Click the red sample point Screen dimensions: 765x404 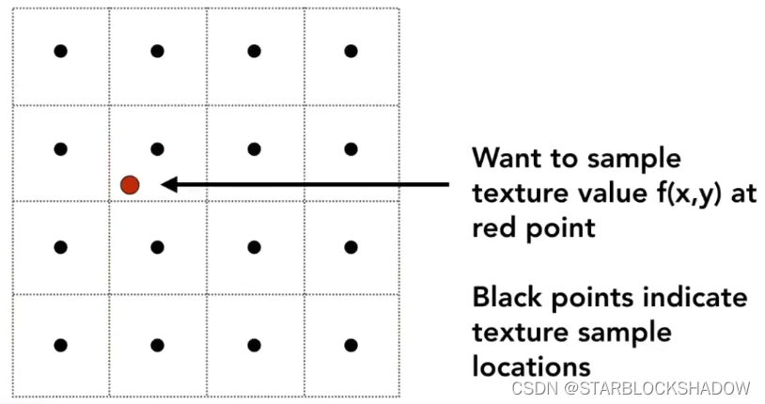click(130, 185)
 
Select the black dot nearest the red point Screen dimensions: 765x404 click(157, 148)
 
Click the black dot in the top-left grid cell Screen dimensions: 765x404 click(60, 51)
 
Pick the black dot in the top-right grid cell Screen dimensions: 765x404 click(351, 51)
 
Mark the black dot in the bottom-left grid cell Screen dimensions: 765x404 click(60, 345)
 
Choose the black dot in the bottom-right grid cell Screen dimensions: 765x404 click(351, 345)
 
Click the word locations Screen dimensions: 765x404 click(531, 366)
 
